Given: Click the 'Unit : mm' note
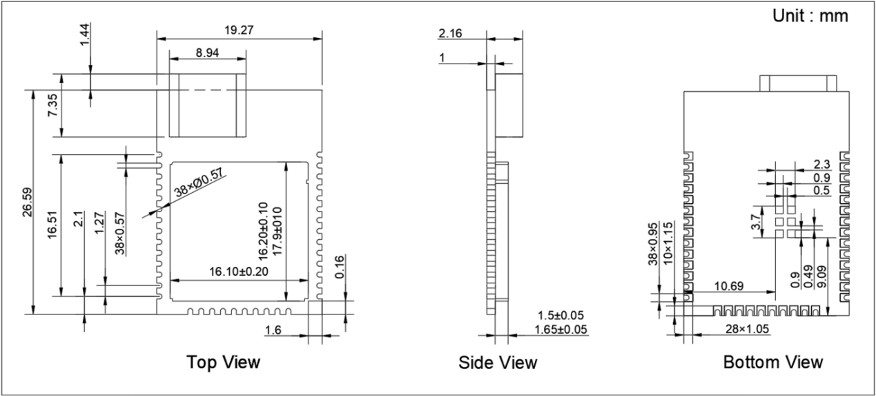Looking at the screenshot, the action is tap(810, 16).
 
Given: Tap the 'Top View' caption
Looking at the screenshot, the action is tap(223, 362).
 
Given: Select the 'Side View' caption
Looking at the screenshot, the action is tap(498, 362).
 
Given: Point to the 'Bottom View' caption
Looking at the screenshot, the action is tap(773, 362).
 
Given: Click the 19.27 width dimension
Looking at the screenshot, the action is tap(239, 30).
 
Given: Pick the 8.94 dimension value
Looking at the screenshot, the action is tap(207, 53).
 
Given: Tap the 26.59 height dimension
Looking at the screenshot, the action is tap(28, 202).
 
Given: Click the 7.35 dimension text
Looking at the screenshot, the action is tap(52, 104).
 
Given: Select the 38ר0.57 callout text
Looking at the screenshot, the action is tap(199, 182).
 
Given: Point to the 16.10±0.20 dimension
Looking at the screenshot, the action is tap(239, 272).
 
